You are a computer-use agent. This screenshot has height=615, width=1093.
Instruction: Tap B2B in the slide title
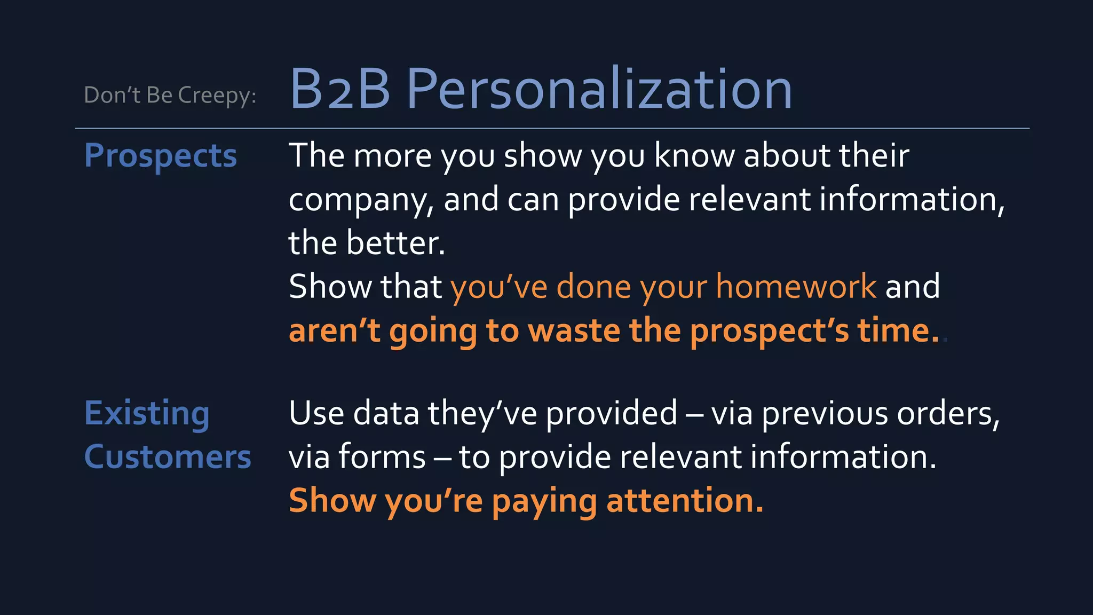coord(340,90)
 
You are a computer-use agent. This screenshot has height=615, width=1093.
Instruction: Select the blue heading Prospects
coord(160,156)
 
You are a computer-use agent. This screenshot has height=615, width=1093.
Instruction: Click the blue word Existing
coord(147,414)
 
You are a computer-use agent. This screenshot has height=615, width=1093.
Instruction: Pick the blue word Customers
coord(167,458)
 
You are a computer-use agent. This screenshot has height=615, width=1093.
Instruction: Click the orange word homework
coord(796,287)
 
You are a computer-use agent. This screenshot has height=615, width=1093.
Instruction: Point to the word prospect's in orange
coord(769,332)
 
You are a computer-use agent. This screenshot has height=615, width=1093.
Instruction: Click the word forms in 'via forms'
coord(382,458)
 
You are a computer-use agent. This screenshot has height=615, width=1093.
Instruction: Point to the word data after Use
coord(386,414)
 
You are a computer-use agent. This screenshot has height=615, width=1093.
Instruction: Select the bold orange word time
coord(897,330)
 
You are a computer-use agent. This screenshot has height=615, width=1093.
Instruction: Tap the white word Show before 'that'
coord(329,287)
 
